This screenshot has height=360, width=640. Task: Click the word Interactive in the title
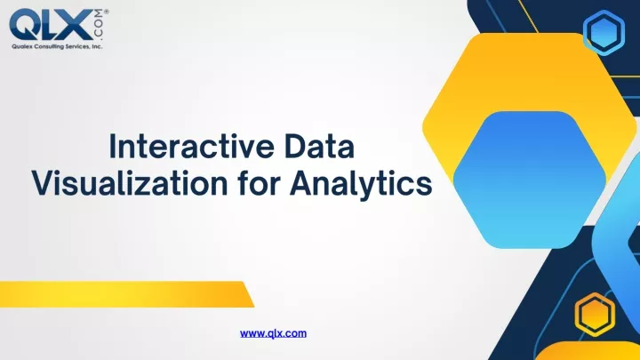(191, 146)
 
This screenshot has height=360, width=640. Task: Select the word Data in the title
(320, 146)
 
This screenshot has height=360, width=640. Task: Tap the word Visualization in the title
(130, 183)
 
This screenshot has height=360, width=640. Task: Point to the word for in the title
(259, 183)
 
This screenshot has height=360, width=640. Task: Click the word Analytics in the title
(361, 184)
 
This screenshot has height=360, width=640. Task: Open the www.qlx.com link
(273, 333)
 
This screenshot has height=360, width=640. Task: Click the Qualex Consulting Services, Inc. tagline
(57, 46)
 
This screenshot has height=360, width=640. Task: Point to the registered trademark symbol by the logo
(107, 12)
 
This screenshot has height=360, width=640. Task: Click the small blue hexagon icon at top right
(604, 33)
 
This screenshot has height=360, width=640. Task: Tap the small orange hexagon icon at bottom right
(595, 315)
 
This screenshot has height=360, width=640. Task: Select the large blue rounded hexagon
(530, 180)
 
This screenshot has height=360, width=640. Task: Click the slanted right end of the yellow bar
(249, 294)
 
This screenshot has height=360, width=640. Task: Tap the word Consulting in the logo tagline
(49, 46)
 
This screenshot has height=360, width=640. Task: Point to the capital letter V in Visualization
(44, 183)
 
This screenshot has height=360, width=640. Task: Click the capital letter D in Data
(295, 146)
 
